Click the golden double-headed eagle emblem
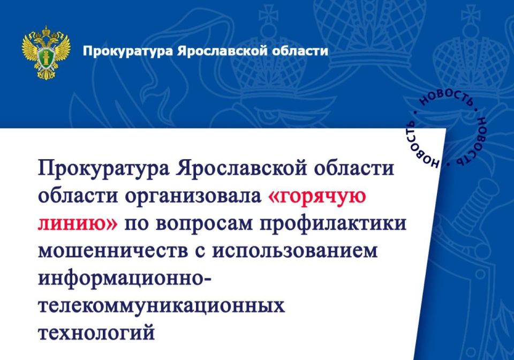coord(46,52)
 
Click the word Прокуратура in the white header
coord(127,51)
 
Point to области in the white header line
coord(300,51)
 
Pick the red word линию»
coord(77,223)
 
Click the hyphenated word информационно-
coord(125,279)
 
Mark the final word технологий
coord(96,333)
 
